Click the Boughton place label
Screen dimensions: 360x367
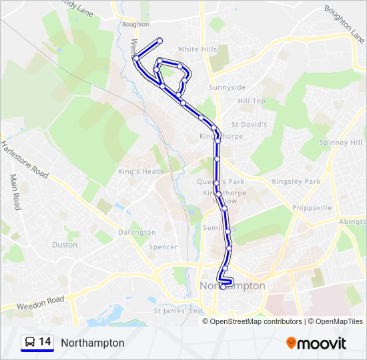[x=135, y=25]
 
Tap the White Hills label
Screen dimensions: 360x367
[x=198, y=49]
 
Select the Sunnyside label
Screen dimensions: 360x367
[x=227, y=87]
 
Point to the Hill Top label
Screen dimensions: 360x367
[x=252, y=101]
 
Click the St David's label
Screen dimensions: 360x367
[x=249, y=125]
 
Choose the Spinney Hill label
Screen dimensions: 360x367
[x=342, y=143]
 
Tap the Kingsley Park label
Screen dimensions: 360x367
[x=296, y=181]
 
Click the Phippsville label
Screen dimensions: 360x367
[x=312, y=208]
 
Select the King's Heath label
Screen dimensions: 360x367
[x=140, y=171]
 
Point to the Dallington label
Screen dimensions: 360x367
[x=137, y=233]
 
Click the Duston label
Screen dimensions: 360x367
[x=65, y=245]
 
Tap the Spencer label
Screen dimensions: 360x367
[x=163, y=247]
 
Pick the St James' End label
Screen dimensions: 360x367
[x=177, y=311]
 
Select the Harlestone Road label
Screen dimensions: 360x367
[x=24, y=159]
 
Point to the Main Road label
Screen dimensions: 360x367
[x=15, y=193]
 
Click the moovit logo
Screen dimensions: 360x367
[x=316, y=343]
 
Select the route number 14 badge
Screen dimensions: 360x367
[x=37, y=343]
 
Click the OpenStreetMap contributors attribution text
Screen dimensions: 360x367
[x=256, y=321]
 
